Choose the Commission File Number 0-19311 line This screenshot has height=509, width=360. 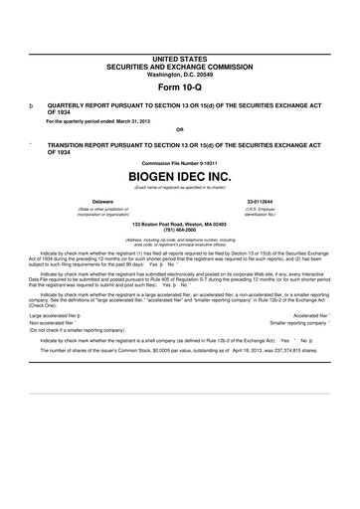click(x=179, y=162)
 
